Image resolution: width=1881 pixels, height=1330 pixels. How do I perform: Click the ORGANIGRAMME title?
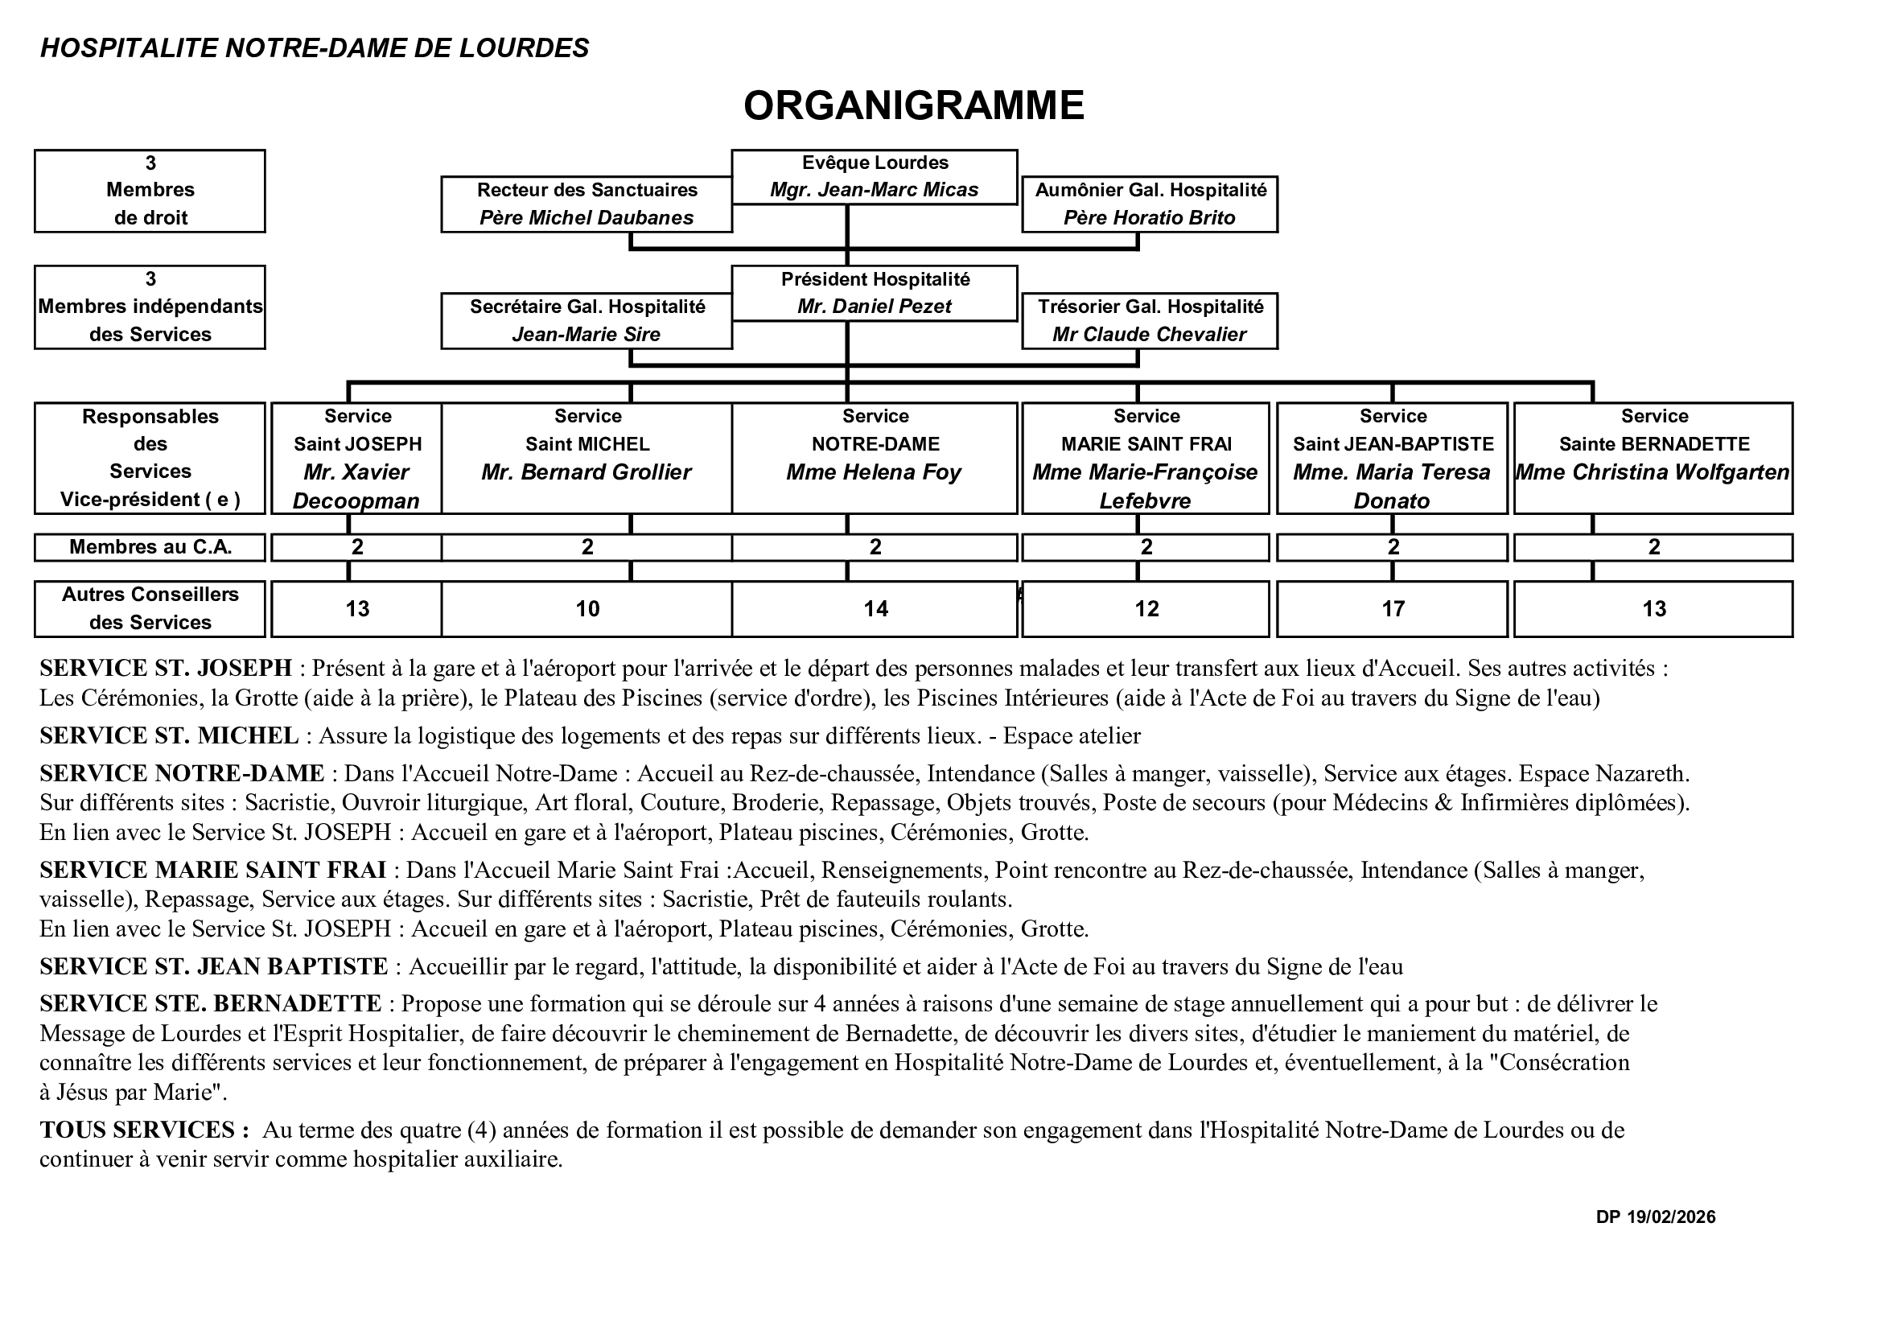(x=912, y=105)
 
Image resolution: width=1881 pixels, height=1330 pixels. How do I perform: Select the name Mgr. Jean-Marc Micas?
(x=874, y=190)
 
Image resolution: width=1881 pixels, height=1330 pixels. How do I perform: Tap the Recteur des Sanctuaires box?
(x=587, y=204)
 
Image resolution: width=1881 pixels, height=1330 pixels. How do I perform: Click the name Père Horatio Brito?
(x=1149, y=218)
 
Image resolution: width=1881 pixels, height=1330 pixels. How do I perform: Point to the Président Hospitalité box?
(x=875, y=293)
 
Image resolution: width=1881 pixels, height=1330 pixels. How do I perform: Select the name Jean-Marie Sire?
(x=586, y=335)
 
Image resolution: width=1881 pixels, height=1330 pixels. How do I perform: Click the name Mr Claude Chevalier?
(x=1149, y=335)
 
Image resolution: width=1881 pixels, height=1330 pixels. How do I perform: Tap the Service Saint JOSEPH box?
(x=356, y=458)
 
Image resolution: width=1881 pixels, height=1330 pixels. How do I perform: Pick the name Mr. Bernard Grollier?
(x=586, y=472)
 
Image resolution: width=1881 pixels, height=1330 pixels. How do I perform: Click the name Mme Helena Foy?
(x=874, y=472)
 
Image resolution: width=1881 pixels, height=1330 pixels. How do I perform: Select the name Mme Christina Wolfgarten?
(x=1652, y=472)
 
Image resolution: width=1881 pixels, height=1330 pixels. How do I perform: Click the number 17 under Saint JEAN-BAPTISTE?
(x=1392, y=609)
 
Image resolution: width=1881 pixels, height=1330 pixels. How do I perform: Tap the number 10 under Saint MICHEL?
(x=587, y=609)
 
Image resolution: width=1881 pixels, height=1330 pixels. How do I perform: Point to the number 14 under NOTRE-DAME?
(x=875, y=609)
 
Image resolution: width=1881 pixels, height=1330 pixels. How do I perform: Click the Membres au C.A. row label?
(x=150, y=547)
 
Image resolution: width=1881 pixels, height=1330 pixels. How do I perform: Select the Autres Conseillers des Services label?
(x=150, y=608)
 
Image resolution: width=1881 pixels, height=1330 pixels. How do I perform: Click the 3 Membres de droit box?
(x=150, y=191)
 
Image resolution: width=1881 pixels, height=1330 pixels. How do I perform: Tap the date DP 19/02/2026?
(x=1655, y=1217)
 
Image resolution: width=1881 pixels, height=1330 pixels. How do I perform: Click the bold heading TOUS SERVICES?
(x=144, y=1130)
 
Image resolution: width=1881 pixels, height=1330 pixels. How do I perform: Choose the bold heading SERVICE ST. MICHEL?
(x=169, y=736)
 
